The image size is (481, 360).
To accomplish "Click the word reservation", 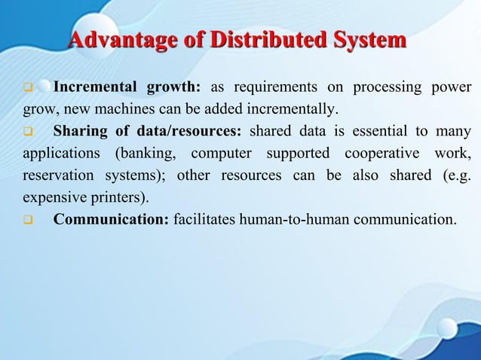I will click(55, 177).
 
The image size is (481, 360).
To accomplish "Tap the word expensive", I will click(51, 199).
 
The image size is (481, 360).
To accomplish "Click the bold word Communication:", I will click(111, 221).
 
